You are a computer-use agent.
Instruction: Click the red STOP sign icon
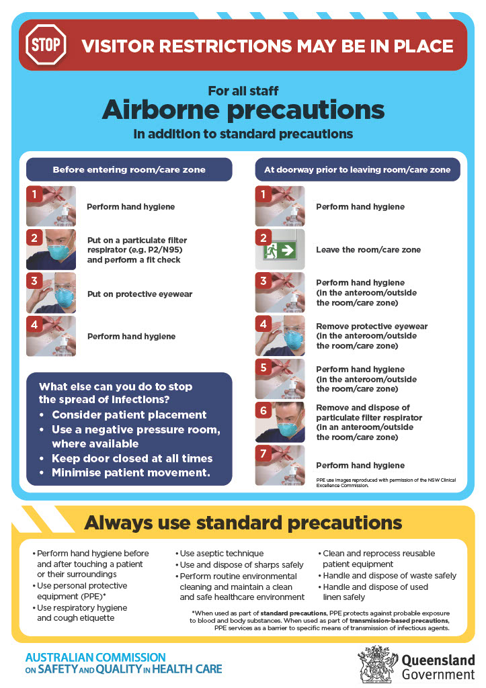(x=46, y=45)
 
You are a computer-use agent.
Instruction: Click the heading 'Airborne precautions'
(x=243, y=109)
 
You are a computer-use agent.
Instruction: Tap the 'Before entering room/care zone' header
(x=129, y=170)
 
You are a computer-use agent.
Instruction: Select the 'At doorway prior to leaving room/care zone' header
(x=358, y=170)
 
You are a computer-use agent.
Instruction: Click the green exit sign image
(x=280, y=250)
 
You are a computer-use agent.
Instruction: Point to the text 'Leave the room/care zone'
(x=368, y=250)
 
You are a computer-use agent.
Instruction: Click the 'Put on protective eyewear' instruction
(x=140, y=294)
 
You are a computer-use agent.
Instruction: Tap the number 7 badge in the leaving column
(x=264, y=454)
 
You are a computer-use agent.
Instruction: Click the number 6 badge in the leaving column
(x=264, y=411)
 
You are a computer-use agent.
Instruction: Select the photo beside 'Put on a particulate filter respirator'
(x=51, y=250)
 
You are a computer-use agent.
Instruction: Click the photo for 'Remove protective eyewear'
(x=280, y=336)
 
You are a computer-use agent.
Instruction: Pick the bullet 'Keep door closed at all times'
(x=132, y=458)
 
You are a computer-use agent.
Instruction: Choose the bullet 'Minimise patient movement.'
(x=131, y=472)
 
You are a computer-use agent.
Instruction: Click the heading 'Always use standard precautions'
(x=243, y=523)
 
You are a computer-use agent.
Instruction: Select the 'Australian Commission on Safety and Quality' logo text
(x=123, y=662)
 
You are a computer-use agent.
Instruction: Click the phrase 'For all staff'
(x=243, y=91)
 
